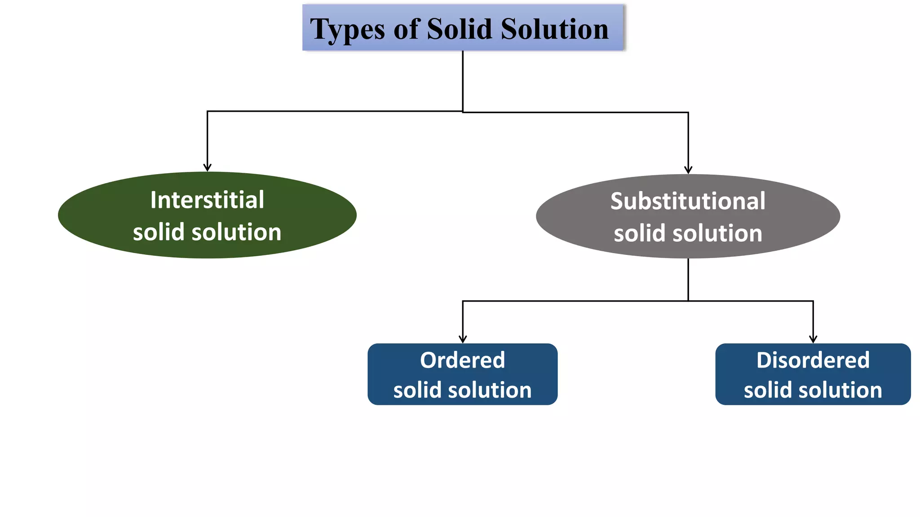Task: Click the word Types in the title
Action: pyautogui.click(x=347, y=30)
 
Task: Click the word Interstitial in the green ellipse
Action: pyautogui.click(x=207, y=200)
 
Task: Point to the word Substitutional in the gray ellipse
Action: pyautogui.click(x=688, y=201)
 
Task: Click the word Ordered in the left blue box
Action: pyautogui.click(x=462, y=360)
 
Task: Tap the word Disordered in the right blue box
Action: pyautogui.click(x=813, y=360)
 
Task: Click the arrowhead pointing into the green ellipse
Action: pyautogui.click(x=207, y=167)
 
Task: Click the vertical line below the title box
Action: pyautogui.click(x=463, y=81)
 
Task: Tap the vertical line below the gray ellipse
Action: pyautogui.click(x=688, y=279)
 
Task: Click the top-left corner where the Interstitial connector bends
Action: pyautogui.click(x=207, y=111)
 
